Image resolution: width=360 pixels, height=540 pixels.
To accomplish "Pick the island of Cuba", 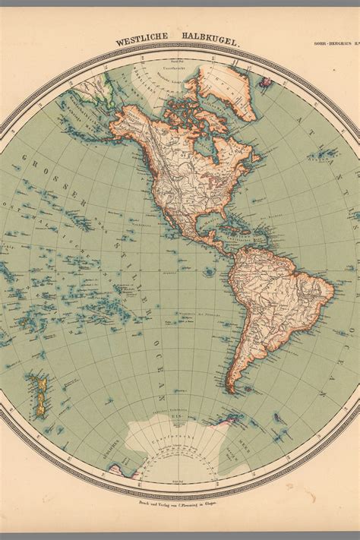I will pyautogui.click(x=227, y=227).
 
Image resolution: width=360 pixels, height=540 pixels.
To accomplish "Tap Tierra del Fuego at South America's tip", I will pyautogui.click(x=242, y=390).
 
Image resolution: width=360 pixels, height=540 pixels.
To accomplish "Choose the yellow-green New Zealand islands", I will pyautogui.click(x=37, y=395).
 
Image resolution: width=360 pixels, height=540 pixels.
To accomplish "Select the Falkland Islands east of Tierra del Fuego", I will pyautogui.click(x=263, y=387).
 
